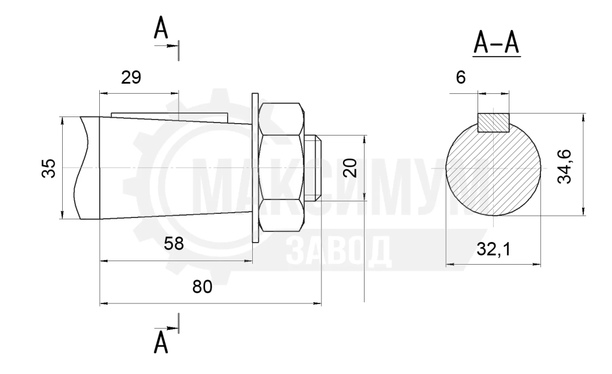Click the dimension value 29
[131, 78]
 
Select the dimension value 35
[49, 168]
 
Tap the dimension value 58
[174, 244]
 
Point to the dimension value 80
[202, 287]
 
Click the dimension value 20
[351, 168]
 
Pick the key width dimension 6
[461, 78]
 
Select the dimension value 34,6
[564, 167]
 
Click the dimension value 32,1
[493, 249]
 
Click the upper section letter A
[161, 28]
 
